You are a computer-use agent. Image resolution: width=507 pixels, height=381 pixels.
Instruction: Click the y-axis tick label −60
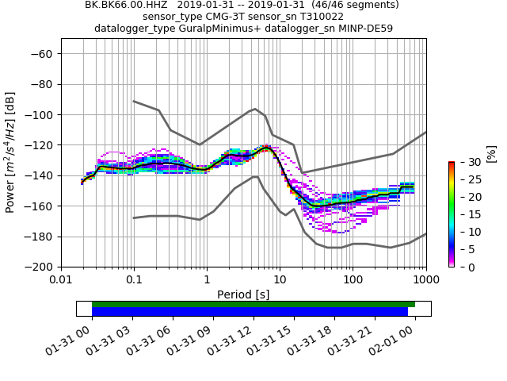42,54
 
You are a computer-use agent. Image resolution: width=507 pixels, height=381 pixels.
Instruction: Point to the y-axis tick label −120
39,145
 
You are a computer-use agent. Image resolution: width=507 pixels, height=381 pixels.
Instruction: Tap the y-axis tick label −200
39,267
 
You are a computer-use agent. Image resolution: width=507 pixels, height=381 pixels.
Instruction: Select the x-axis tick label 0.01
61,280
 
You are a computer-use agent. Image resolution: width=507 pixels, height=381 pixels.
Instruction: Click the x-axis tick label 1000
425,280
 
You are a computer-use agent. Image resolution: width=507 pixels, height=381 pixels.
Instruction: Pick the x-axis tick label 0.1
134,280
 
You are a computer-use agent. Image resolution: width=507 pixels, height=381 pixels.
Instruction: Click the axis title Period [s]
243,294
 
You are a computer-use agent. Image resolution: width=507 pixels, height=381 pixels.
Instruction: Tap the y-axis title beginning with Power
11,152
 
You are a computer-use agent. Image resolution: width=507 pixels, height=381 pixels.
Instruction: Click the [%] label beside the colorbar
491,152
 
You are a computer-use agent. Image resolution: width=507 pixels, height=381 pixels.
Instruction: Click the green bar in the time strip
253,304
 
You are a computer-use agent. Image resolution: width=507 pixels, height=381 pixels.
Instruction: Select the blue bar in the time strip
250,312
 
